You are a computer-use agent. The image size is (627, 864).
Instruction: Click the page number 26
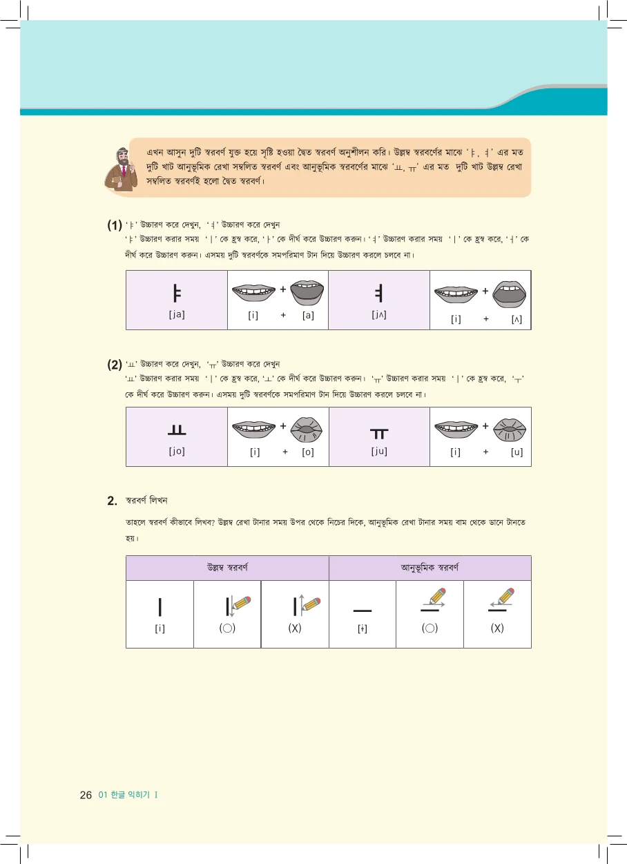(86, 795)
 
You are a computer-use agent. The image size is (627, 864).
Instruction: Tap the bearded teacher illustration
(121, 169)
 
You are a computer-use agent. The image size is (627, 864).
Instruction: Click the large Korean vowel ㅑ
(176, 293)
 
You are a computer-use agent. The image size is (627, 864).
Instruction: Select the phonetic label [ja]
(176, 314)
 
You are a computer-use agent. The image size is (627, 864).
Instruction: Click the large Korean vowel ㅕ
(378, 293)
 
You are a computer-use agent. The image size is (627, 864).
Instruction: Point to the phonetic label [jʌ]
(378, 314)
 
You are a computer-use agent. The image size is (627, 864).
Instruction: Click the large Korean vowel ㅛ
(176, 432)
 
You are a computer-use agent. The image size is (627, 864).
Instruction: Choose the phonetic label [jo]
(176, 452)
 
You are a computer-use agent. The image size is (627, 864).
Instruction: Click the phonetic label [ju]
(378, 452)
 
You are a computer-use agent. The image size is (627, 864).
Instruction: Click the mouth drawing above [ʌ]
(511, 293)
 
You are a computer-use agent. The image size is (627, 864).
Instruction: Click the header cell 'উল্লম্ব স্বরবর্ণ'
(227, 568)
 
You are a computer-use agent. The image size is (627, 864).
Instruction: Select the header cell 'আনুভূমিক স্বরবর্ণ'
(430, 568)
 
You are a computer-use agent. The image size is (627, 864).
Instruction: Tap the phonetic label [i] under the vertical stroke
(160, 628)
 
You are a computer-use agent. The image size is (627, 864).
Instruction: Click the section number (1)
(115, 226)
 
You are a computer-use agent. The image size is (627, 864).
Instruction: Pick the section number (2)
(115, 364)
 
